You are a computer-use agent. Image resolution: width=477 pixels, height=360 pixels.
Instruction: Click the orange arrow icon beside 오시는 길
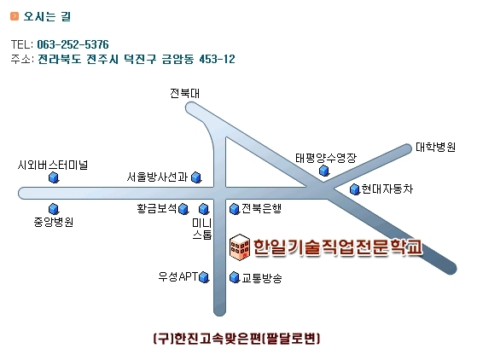point(15,16)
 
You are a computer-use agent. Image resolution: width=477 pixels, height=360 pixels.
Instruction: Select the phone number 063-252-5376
point(73,44)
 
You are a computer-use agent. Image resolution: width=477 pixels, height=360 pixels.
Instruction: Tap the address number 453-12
point(218,59)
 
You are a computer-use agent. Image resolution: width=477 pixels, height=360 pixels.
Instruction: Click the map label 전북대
point(184,93)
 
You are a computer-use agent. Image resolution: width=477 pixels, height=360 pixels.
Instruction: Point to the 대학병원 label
point(436,148)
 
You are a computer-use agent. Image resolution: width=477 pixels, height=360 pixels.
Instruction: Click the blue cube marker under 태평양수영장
point(324,171)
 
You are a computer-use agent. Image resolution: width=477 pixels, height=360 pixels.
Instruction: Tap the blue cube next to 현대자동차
point(355,189)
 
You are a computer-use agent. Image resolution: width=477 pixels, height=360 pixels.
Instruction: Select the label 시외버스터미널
point(53,165)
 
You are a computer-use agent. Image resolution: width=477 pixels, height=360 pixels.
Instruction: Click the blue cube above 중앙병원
point(54,209)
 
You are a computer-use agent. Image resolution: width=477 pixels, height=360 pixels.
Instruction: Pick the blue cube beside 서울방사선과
point(196,177)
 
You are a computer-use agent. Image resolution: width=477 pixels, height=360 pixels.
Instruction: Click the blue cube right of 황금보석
point(183,209)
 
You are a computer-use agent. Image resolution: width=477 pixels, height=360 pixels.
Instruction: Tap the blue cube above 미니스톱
point(204,209)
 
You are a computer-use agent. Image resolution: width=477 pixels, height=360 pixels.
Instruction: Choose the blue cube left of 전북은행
point(235,209)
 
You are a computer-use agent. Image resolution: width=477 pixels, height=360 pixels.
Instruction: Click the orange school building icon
point(240,247)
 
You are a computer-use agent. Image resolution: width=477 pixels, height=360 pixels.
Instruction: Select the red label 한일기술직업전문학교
point(338,247)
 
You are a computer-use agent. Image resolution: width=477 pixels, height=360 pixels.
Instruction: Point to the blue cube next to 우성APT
point(204,277)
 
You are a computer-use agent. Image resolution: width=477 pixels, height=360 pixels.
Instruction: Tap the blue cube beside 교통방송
point(235,277)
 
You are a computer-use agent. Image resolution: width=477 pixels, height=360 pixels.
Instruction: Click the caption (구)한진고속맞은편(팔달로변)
point(236,339)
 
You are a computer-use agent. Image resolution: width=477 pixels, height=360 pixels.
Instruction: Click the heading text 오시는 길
point(47,16)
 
